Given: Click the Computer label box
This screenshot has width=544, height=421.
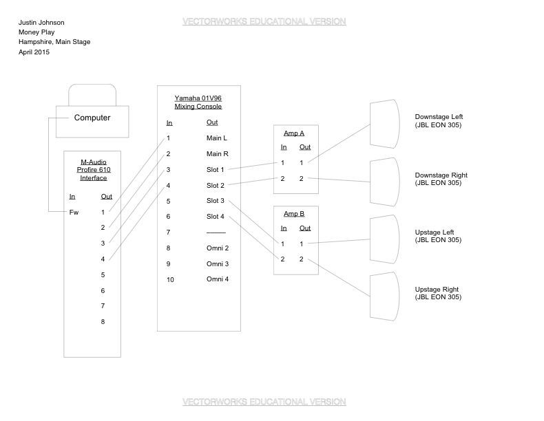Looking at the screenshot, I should [92, 118].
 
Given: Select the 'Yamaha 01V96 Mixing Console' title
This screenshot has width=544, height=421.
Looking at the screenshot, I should [198, 102].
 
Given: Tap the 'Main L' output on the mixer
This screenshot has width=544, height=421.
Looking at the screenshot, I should [217, 138].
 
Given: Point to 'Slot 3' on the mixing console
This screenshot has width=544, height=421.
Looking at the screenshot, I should [216, 201].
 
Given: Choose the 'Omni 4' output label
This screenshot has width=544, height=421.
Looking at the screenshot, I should [218, 279].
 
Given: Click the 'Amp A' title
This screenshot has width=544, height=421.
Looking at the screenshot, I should [294, 133].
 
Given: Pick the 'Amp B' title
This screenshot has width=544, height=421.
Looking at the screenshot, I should [294, 214].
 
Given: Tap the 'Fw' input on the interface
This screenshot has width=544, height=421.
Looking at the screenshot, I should [74, 212].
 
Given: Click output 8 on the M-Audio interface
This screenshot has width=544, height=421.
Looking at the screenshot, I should [103, 322].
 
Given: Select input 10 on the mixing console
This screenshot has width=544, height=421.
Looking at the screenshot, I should [170, 279].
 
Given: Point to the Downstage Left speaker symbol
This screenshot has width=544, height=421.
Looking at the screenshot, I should [385, 124].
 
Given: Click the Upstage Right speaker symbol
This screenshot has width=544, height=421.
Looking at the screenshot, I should [385, 296].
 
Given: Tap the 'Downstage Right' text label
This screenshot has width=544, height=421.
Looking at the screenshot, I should [441, 175].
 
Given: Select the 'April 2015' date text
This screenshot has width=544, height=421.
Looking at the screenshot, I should [34, 52].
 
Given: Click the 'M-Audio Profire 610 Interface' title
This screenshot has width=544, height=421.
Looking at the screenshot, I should [93, 169].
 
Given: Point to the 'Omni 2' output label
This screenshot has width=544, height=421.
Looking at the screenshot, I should [218, 248].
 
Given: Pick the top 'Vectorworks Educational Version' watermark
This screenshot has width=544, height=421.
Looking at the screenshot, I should [264, 22].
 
